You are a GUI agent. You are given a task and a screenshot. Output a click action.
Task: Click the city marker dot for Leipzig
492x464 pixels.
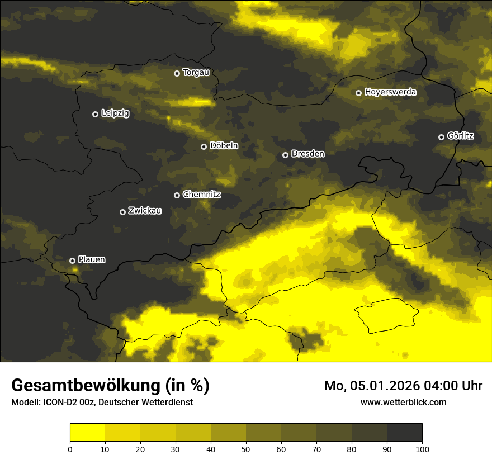pos(95,114)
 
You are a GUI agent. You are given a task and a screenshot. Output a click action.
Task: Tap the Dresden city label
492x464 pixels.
pos(308,154)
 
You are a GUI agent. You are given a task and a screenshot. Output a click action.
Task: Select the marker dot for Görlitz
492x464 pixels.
pos(441,137)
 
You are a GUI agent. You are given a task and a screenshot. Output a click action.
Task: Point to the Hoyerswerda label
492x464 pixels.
pos(390,92)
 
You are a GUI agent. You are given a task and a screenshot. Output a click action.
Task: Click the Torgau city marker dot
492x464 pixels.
pos(177,73)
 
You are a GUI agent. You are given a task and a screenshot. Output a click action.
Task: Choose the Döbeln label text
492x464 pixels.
pos(224,146)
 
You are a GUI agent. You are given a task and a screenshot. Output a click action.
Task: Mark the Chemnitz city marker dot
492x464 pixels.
pos(177,195)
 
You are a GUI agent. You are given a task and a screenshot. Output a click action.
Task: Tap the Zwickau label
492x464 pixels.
pos(145,211)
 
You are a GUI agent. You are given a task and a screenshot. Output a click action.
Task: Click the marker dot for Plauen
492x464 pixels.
pos(72,261)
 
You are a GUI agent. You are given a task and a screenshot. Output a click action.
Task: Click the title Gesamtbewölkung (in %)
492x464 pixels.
pos(110,386)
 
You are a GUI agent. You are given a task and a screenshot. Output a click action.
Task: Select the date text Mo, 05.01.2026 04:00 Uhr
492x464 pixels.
pos(403,386)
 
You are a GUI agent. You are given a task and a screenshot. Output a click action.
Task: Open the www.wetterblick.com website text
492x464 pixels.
pos(403,402)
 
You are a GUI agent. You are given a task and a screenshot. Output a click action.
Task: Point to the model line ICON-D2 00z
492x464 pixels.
pos(102,402)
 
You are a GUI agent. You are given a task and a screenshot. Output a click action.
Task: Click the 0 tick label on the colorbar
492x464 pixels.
pos(70,448)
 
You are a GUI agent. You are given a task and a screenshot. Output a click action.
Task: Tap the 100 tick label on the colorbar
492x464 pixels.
pos(422,448)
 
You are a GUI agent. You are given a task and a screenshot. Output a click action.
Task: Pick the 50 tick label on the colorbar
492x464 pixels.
pos(246,448)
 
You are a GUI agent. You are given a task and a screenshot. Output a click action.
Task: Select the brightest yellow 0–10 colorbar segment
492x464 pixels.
pos(87,433)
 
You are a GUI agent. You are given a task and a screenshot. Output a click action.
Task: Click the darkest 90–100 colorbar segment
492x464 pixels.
pos(404,433)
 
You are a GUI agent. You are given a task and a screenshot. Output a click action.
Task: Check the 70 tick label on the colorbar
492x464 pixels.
pos(316,448)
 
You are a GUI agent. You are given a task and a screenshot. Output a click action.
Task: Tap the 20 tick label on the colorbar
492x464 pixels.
pos(140,448)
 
